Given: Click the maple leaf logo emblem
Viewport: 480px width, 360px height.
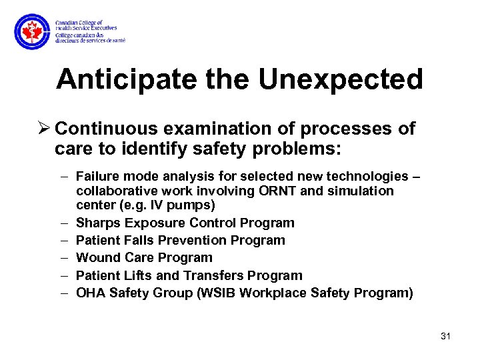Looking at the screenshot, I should point(32,31).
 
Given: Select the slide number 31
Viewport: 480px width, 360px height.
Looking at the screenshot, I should point(446,336).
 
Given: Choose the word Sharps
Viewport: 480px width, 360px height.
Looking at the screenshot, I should point(95,223).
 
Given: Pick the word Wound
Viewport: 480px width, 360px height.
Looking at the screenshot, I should point(96,257).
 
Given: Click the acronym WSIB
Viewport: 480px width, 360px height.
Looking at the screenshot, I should point(222,293).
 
